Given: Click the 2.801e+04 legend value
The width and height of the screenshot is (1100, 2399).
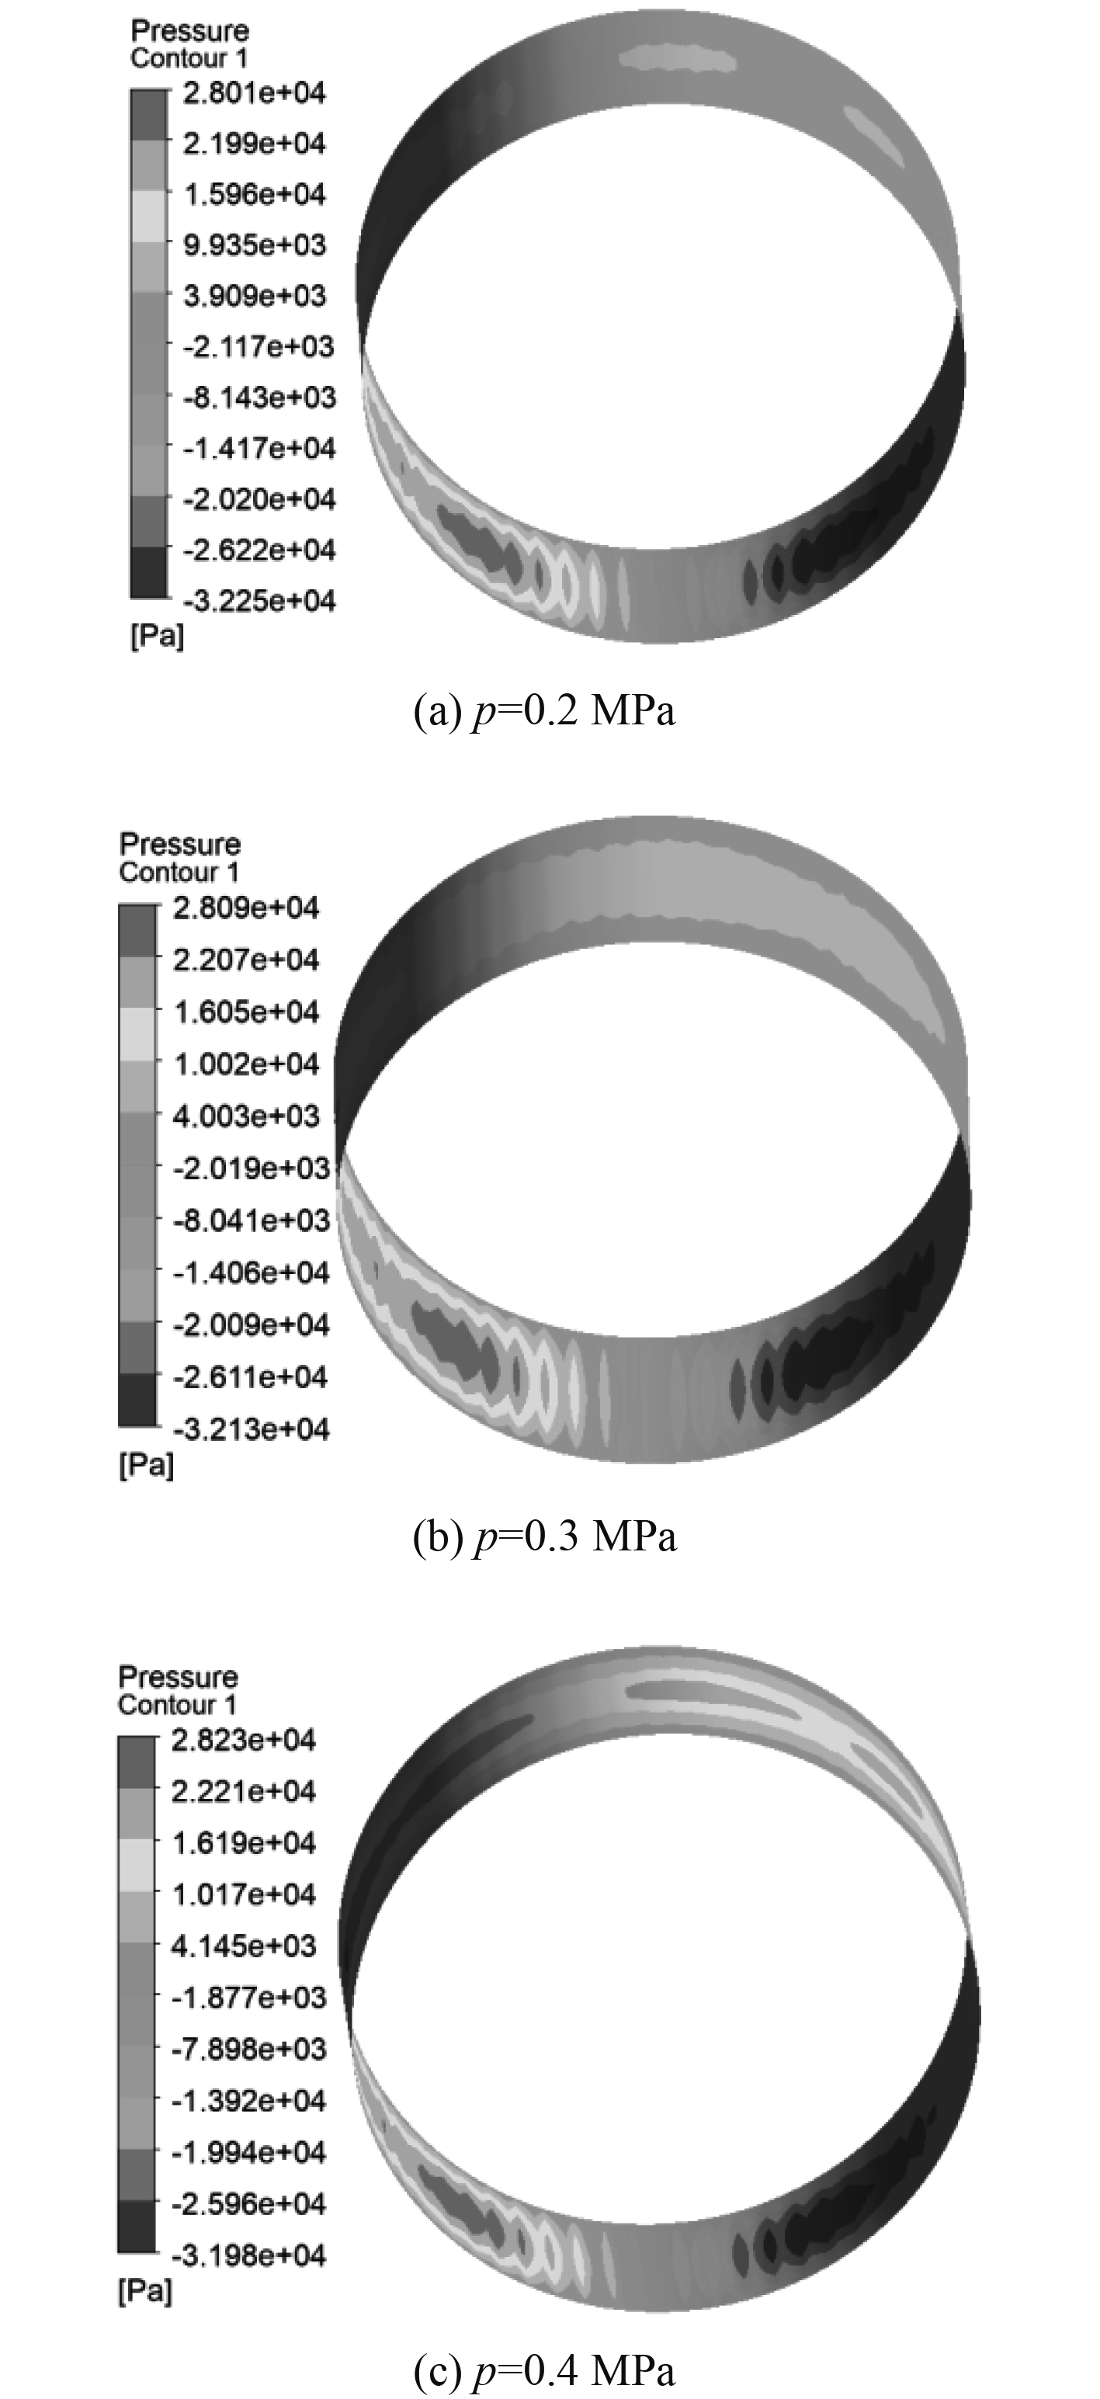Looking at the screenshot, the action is click(x=255, y=93).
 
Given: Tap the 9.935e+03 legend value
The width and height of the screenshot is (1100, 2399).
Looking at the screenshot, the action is click(x=255, y=245).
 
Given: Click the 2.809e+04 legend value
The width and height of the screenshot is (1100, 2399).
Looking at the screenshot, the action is click(x=246, y=908).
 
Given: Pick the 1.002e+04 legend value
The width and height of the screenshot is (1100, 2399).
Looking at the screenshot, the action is click(x=246, y=1064).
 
